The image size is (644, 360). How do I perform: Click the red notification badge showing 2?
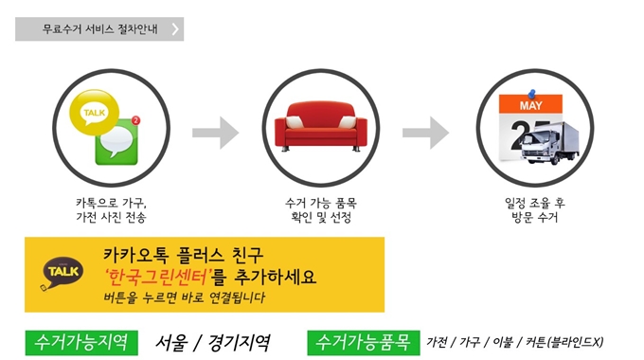136,121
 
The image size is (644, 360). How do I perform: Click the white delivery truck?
544,147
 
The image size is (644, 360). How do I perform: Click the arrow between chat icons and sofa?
216,133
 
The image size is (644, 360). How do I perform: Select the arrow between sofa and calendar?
425,133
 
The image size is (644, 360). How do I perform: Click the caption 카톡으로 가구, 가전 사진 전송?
111,210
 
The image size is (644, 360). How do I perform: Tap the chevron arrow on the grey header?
175,28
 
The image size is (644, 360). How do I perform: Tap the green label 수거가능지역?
81,340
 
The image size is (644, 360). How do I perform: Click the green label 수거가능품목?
363,340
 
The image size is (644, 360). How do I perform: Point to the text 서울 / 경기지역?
213,341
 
